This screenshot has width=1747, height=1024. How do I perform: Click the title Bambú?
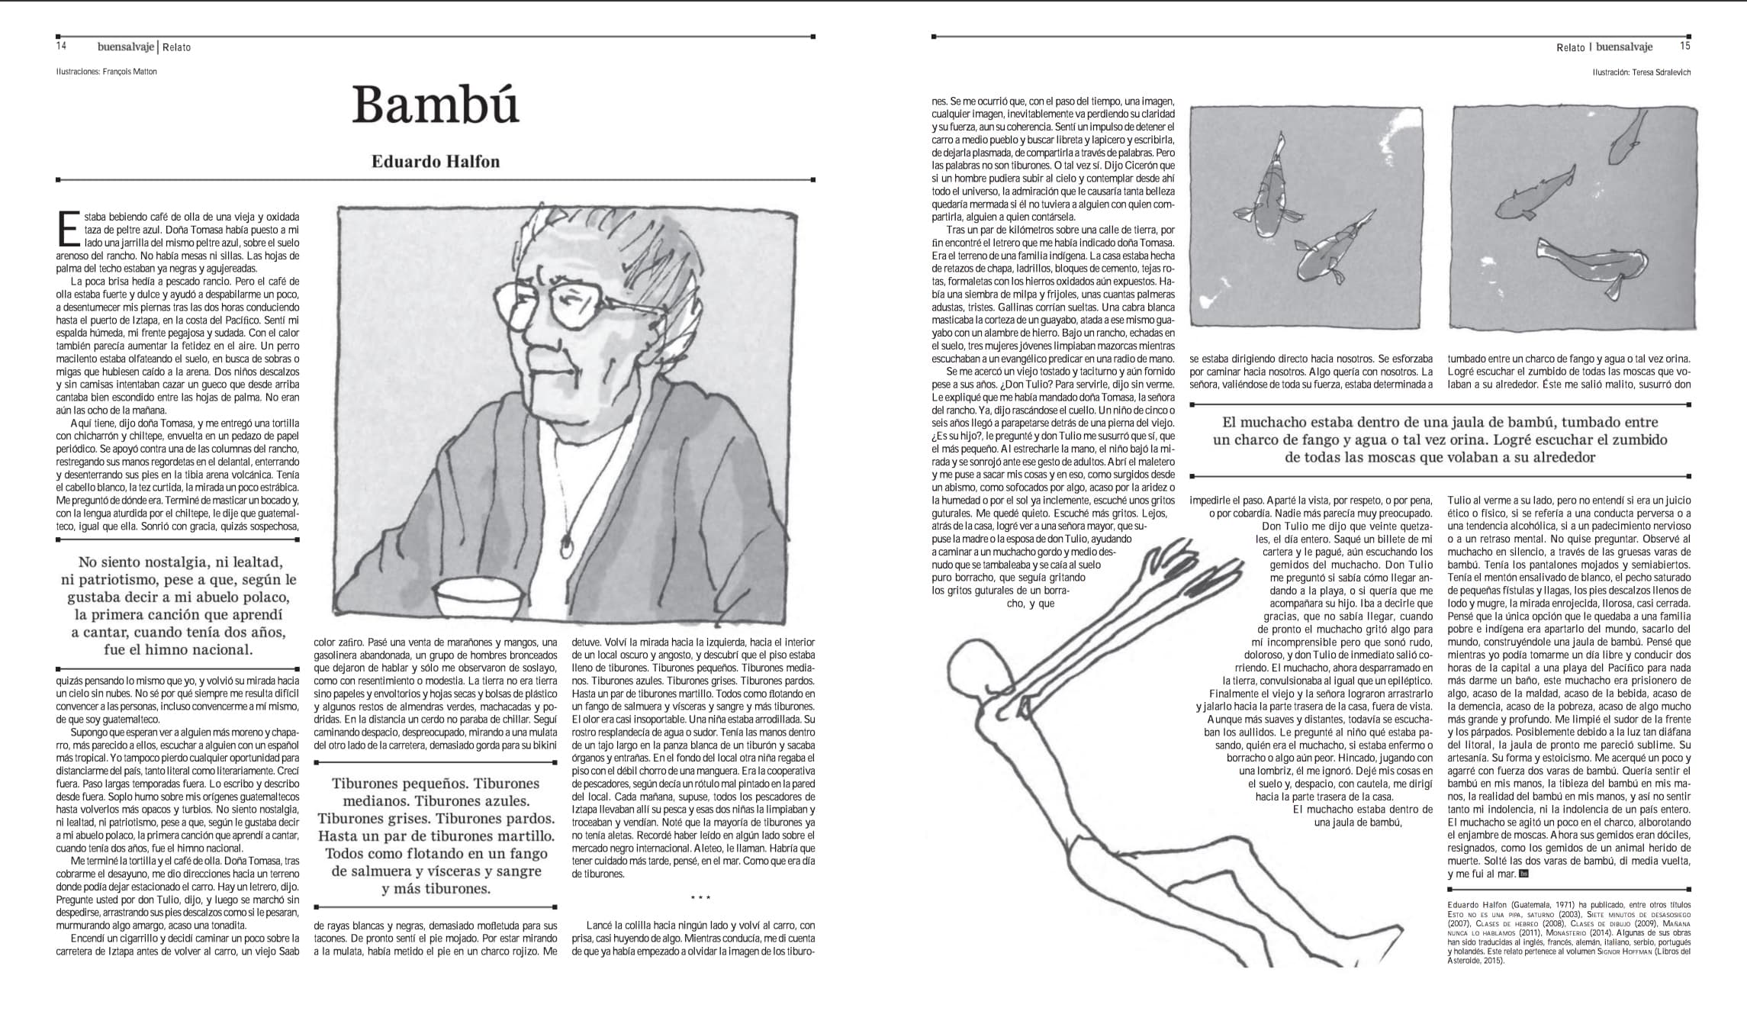coord(436,105)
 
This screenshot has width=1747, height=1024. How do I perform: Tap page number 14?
coord(62,46)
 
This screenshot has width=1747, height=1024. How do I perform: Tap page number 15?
coord(1685,46)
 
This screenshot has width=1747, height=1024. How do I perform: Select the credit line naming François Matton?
coord(106,72)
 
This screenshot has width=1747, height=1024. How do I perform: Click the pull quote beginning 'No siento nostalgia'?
coord(179,606)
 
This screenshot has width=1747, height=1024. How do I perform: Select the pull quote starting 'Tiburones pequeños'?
coord(436,836)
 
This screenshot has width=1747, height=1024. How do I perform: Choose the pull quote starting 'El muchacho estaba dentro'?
coord(1440,440)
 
